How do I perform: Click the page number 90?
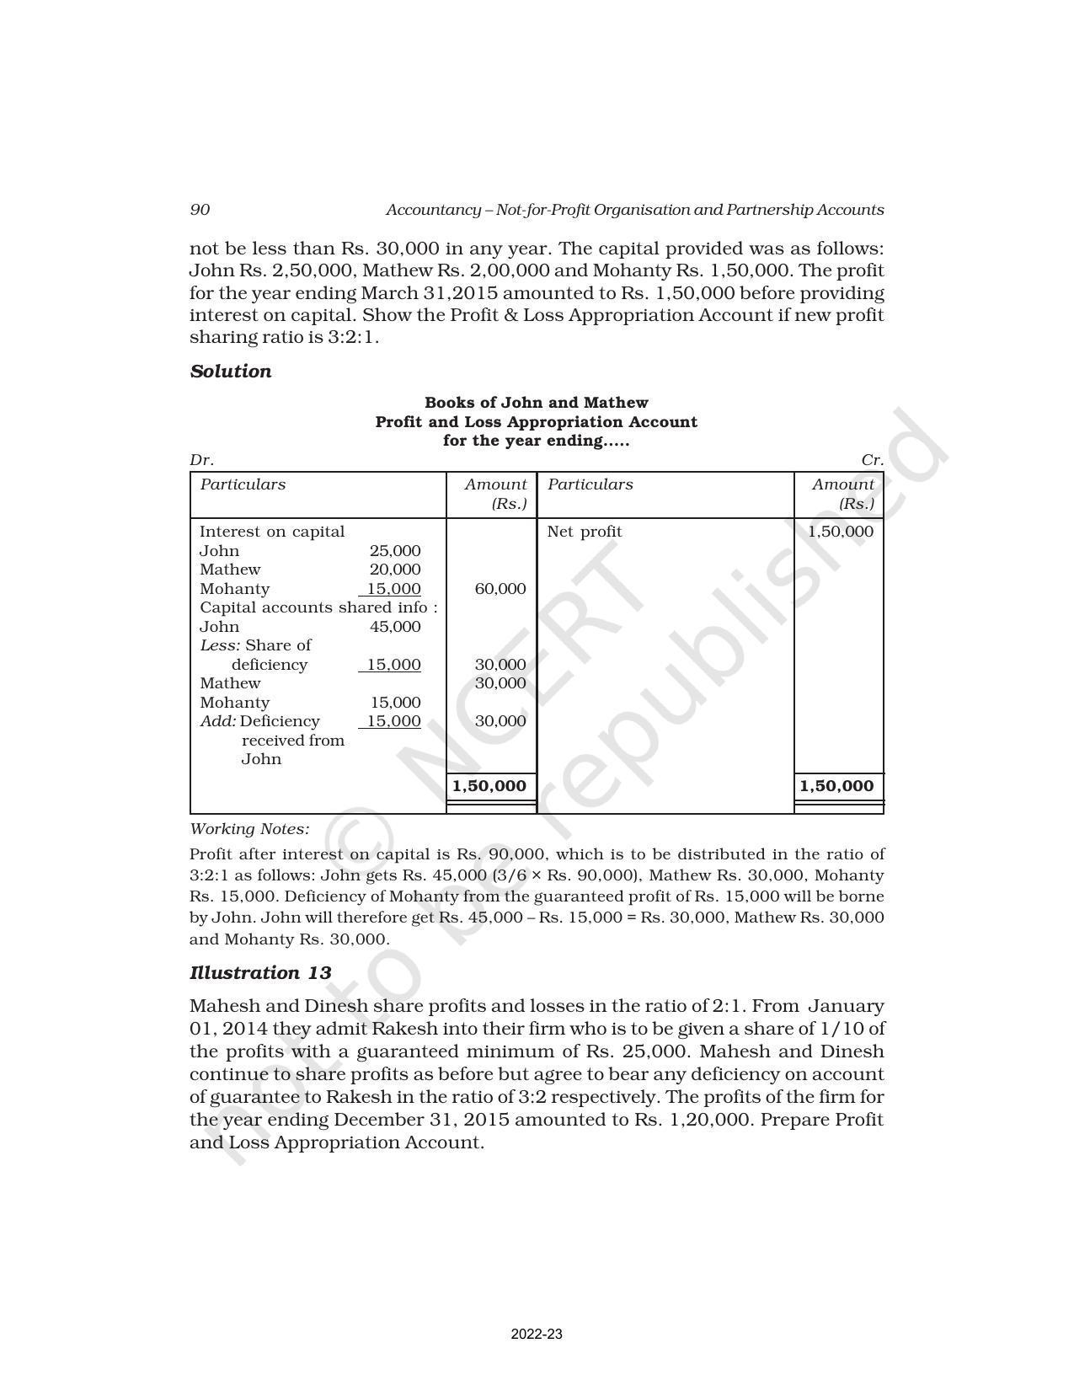pyautogui.click(x=200, y=210)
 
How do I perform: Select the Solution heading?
pyautogui.click(x=231, y=372)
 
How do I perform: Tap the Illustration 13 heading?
pyautogui.click(x=260, y=973)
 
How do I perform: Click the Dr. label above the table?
pyautogui.click(x=201, y=460)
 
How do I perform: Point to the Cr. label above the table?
pyautogui.click(x=873, y=460)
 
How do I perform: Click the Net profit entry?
pyautogui.click(x=585, y=532)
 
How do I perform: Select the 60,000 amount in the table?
pyautogui.click(x=500, y=589)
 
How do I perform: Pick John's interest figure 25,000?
pyautogui.click(x=395, y=551)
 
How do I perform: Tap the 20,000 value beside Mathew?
pyautogui.click(x=395, y=570)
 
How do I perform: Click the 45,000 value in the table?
pyautogui.click(x=395, y=627)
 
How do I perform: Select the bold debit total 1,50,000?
pyautogui.click(x=489, y=786)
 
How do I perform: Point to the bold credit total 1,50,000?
pyautogui.click(x=836, y=786)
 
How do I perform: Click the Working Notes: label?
pyautogui.click(x=249, y=829)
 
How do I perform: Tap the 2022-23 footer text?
pyautogui.click(x=537, y=1335)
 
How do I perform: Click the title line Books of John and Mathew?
pyautogui.click(x=537, y=403)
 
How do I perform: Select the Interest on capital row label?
pyautogui.click(x=272, y=532)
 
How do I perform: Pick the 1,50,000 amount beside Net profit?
pyautogui.click(x=841, y=532)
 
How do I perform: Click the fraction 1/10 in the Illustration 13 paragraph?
pyautogui.click(x=842, y=1029)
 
